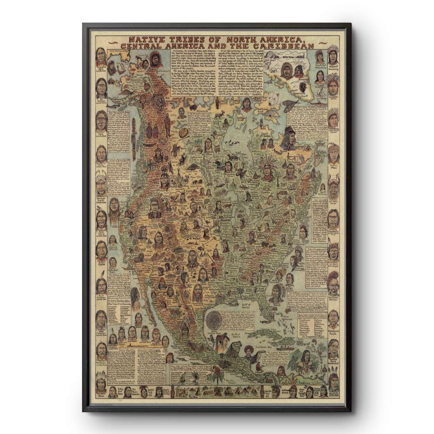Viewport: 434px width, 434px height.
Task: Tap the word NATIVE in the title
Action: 133,37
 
